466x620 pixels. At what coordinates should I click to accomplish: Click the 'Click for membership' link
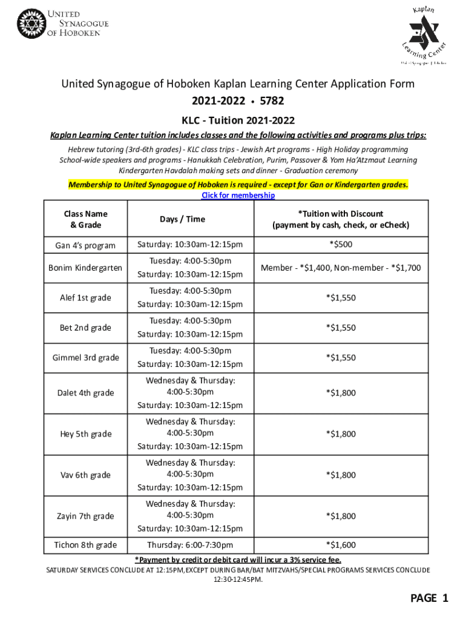point(237,196)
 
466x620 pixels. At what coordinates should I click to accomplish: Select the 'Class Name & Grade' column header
point(85,219)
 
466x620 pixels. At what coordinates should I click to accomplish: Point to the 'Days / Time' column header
point(182,219)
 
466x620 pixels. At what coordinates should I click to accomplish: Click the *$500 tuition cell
point(341,245)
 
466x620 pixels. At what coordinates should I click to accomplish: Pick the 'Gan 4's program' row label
point(85,245)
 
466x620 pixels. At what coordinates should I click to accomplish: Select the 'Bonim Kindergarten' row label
point(85,268)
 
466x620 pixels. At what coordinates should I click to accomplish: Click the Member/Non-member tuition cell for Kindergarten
point(341,268)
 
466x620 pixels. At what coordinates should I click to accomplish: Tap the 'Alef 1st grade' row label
point(85,298)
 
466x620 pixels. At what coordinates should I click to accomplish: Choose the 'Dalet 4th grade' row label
point(85,393)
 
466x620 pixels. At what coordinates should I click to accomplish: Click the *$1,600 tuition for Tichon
point(341,545)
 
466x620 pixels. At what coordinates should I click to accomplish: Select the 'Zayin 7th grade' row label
point(85,516)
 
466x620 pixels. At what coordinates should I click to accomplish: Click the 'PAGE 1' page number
point(429,598)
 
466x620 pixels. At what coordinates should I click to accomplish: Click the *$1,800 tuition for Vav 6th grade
point(341,475)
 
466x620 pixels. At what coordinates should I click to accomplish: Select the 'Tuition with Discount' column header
point(341,219)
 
